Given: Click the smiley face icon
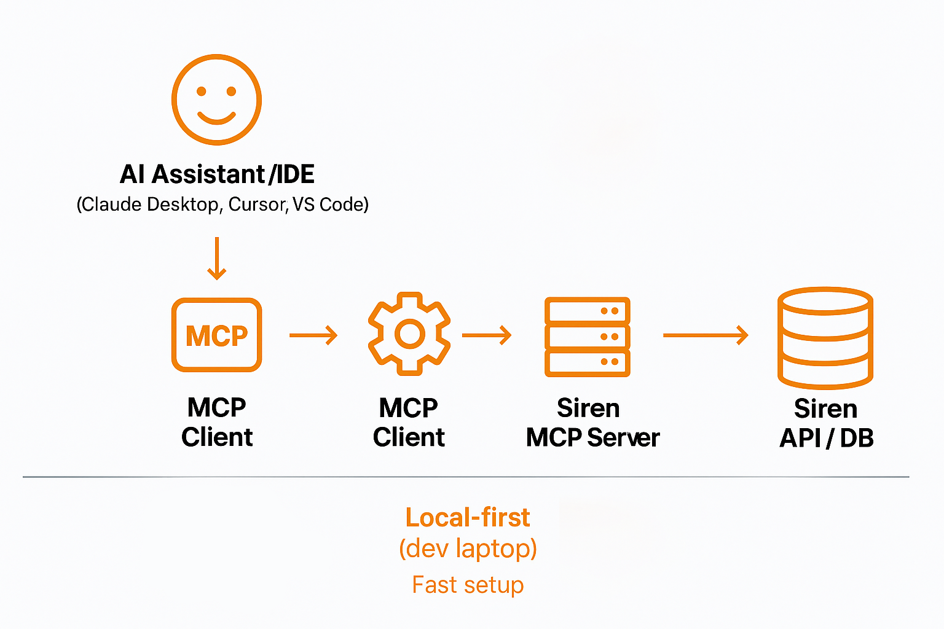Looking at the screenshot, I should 216,100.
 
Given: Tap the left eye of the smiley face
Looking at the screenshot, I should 201,92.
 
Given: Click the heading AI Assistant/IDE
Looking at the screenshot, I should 217,174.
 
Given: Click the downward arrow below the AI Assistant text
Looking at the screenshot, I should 216,259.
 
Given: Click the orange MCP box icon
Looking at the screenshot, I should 216,335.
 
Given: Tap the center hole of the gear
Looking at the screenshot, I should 409,334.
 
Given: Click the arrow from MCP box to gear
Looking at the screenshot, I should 313,335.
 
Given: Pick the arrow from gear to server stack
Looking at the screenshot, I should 487,335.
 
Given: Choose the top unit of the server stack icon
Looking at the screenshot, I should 587,310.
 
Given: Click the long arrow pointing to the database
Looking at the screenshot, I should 706,335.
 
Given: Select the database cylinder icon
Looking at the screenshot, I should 825,338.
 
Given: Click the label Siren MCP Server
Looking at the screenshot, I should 592,423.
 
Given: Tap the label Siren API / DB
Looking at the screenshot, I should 826,424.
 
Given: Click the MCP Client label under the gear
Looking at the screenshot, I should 409,423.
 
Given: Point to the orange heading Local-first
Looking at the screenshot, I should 467,518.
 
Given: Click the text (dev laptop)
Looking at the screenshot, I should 468,549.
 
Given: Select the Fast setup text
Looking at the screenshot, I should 468,585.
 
